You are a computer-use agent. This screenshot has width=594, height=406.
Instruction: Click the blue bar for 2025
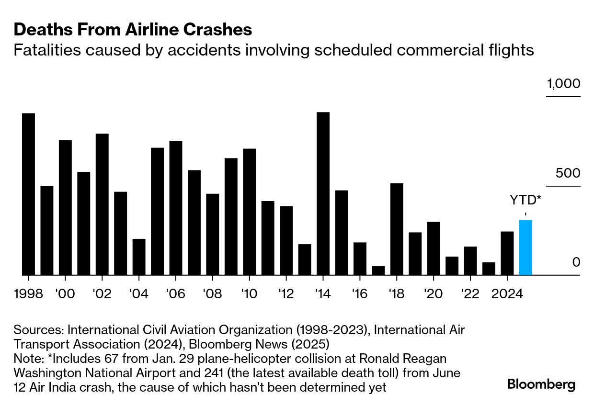[525, 248]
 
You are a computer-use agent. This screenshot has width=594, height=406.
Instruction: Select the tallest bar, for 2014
[323, 193]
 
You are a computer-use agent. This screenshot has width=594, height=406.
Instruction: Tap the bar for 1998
[28, 194]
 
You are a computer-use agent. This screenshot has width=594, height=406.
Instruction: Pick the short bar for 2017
[378, 271]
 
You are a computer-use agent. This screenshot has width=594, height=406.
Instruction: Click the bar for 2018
[397, 229]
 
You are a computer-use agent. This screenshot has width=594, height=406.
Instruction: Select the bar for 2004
[139, 257]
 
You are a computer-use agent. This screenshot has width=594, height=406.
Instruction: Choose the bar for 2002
[102, 204]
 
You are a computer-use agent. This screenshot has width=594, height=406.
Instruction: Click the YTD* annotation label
[525, 200]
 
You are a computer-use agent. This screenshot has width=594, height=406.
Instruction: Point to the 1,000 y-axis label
[563, 84]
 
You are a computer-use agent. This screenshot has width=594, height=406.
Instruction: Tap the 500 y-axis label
[568, 173]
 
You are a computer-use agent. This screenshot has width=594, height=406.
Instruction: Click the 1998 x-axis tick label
[28, 293]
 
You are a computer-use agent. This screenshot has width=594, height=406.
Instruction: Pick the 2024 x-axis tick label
[507, 293]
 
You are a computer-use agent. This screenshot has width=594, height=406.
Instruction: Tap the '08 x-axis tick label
[212, 293]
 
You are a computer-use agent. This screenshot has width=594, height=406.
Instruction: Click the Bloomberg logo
[541, 384]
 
